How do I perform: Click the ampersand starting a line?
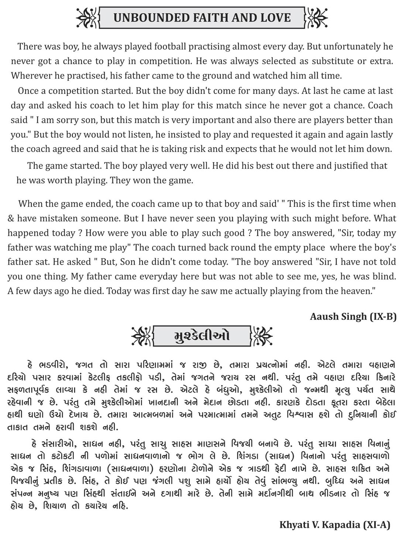11,219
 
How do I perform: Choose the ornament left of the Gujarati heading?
142,336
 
